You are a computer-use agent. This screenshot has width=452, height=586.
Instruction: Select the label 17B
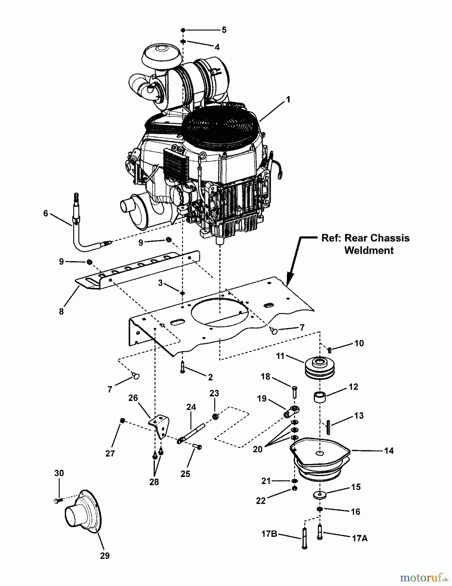pos(270,534)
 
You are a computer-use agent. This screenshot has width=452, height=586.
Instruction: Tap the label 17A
pos(360,538)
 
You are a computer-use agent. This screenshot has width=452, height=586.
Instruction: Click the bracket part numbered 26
pos(160,425)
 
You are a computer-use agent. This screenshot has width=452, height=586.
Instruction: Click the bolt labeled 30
pos(57,501)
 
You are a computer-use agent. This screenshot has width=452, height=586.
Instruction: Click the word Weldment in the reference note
pos(369,250)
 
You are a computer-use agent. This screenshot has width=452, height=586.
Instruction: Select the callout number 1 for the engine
pos(288,100)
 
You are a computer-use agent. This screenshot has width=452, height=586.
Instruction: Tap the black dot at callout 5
pos(183,30)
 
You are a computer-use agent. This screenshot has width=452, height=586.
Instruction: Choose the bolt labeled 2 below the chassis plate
pos(182,368)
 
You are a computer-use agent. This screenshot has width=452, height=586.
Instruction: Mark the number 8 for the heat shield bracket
pos(61,311)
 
